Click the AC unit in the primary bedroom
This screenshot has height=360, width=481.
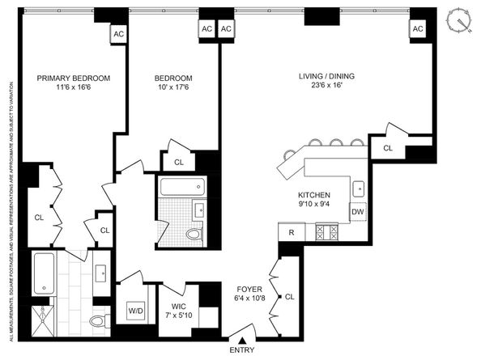[118, 34]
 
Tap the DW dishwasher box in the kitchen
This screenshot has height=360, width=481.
[358, 212]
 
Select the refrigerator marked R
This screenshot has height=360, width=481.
[290, 232]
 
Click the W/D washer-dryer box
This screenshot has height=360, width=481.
[135, 311]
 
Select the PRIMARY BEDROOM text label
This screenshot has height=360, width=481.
[74, 78]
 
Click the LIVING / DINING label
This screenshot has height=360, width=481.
[326, 78]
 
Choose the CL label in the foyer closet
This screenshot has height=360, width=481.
[290, 297]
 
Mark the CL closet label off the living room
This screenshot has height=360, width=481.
[388, 148]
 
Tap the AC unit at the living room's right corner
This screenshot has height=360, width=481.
[418, 29]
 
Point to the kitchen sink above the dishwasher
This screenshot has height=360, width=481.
[357, 190]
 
